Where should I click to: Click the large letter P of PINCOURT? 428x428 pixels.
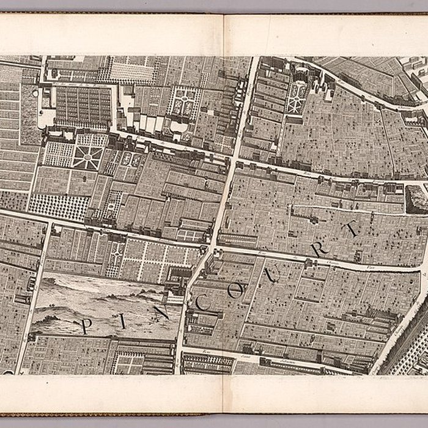[86, 325]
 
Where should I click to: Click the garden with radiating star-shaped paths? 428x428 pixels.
[89, 157]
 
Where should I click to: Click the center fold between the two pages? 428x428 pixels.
[223, 214]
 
